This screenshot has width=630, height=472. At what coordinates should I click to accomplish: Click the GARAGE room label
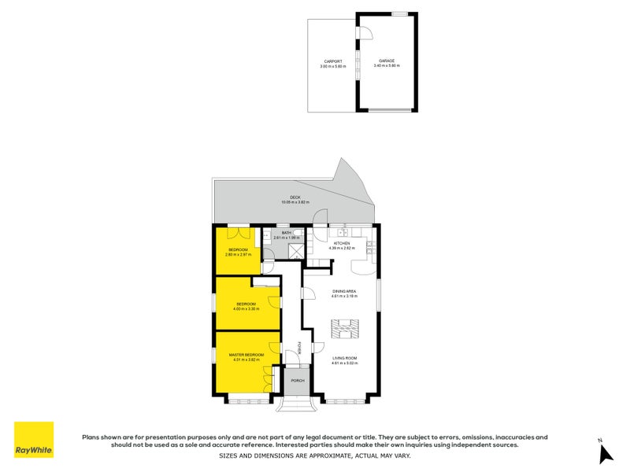(386, 60)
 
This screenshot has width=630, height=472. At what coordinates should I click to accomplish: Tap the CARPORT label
(332, 61)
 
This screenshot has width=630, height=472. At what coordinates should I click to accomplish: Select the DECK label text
(295, 197)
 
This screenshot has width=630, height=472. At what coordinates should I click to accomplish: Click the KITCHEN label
(342, 244)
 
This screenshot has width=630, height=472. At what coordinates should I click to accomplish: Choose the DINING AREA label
(344, 291)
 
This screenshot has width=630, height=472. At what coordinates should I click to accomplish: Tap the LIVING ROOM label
(344, 358)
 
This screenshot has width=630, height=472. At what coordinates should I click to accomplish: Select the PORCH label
(297, 381)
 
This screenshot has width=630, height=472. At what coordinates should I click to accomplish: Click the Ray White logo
(34, 440)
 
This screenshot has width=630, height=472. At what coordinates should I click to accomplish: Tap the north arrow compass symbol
(605, 454)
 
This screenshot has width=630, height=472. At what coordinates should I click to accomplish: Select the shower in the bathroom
(295, 251)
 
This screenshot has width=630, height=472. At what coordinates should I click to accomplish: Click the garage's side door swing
(365, 31)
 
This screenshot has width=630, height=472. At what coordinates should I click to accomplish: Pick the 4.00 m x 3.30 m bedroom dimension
(246, 309)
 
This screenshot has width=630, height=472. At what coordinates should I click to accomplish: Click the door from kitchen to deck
(321, 218)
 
